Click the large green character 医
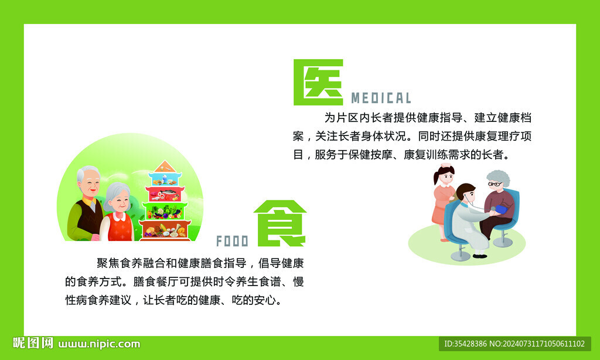(318, 82)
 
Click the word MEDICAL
(381, 98)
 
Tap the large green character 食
(281, 223)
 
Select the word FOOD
(232, 241)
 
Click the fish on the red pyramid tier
(166, 193)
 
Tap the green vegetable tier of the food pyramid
(166, 210)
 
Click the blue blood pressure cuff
(501, 209)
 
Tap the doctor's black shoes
(479, 256)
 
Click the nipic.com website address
(99, 344)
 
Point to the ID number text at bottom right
(514, 344)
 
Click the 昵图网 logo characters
(33, 344)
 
